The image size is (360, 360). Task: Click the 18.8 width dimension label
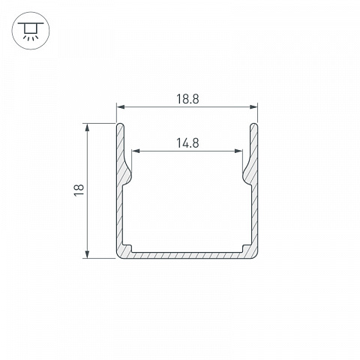(187, 99)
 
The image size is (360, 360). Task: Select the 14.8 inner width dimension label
(187, 143)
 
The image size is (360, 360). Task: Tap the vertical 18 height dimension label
(79, 190)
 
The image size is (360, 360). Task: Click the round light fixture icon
(31, 31)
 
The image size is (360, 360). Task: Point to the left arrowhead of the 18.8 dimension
(121, 107)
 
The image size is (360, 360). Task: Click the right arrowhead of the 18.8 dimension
(253, 107)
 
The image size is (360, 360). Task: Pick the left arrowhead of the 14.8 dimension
(136, 151)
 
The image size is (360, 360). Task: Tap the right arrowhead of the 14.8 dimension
(238, 151)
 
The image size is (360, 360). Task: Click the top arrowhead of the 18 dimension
(87, 127)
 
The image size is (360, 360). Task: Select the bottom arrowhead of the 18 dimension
(87, 254)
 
